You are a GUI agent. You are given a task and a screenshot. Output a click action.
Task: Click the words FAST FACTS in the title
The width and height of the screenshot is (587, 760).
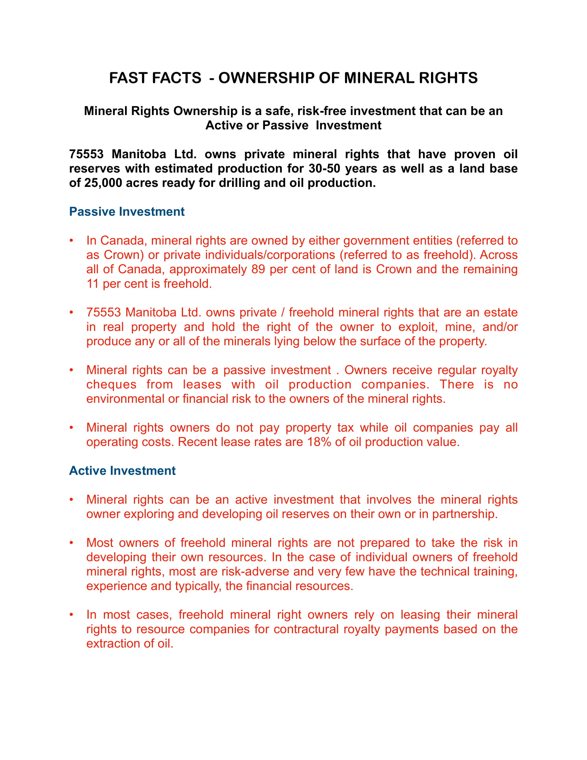click(x=155, y=78)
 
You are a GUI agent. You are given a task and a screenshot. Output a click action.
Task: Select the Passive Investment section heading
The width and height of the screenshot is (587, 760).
click(x=127, y=211)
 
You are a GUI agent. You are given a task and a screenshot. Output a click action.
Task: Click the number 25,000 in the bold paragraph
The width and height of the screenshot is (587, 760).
click(x=103, y=183)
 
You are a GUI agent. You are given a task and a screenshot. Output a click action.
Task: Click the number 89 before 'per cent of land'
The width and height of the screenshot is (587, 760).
click(x=258, y=269)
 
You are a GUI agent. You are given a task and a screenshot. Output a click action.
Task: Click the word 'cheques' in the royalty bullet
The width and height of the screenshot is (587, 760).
click(x=111, y=384)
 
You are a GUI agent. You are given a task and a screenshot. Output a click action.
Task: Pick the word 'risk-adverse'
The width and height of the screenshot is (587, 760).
click(x=255, y=572)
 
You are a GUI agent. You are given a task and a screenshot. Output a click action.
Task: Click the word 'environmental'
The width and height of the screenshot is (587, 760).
click(x=125, y=399)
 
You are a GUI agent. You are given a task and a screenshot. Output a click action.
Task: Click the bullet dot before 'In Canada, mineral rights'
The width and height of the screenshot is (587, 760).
click(x=71, y=240)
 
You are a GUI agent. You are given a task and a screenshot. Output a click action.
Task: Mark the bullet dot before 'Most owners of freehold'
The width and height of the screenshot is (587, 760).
click(x=71, y=543)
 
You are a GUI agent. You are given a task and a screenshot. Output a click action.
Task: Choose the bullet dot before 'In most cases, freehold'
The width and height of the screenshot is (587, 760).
click(x=71, y=615)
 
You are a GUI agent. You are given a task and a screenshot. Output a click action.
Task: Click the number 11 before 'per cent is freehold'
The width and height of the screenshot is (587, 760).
click(x=93, y=284)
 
